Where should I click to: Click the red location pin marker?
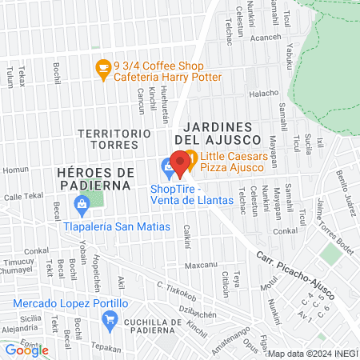180,162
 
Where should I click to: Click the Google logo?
26,350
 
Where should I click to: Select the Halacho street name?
264,94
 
